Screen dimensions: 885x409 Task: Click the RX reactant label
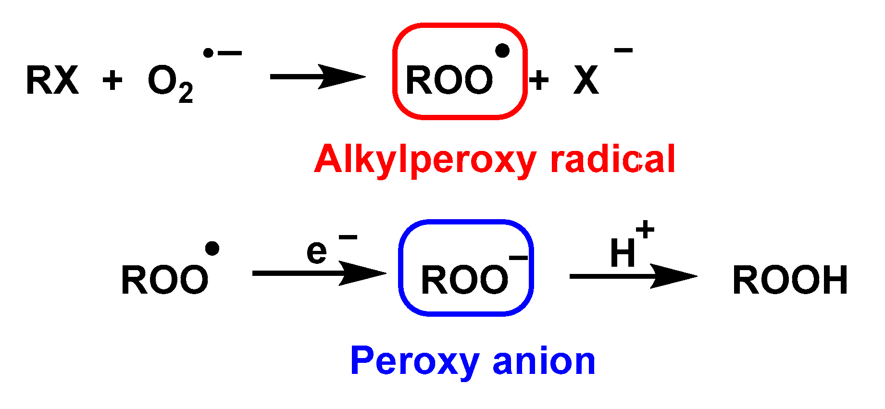click(52, 80)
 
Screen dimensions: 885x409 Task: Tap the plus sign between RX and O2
click(112, 80)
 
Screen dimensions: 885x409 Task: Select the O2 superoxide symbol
click(163, 80)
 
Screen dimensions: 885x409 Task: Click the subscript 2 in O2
click(186, 93)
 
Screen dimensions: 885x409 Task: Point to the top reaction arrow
click(317, 77)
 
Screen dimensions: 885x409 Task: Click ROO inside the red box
click(449, 80)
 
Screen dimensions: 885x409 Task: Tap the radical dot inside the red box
click(502, 50)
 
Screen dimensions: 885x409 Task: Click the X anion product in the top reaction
click(586, 80)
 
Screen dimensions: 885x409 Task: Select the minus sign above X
click(623, 50)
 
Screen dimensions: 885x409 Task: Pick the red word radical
click(613, 160)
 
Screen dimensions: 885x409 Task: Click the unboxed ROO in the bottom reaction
click(164, 280)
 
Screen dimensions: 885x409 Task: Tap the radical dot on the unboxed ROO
click(212, 248)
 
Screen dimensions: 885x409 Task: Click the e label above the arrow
click(317, 251)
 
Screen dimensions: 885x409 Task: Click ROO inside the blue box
click(464, 280)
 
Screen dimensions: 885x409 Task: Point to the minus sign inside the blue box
click(518, 259)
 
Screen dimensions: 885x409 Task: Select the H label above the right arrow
click(623, 253)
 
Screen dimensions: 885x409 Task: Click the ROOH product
click(790, 280)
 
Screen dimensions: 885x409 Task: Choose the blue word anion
click(544, 361)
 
